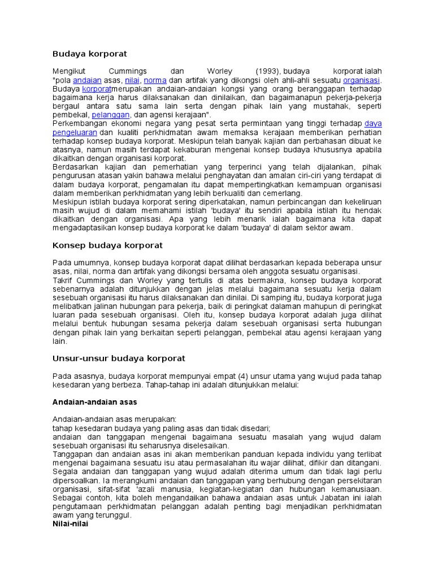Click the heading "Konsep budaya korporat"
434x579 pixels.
point(107,245)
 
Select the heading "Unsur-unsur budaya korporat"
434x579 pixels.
point(119,358)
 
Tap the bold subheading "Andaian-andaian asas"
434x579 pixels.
point(94,402)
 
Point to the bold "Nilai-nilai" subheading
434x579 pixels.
point(70,524)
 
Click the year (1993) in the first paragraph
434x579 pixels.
point(267,71)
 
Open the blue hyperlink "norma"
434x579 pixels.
point(155,80)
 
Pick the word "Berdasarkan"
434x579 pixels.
point(76,167)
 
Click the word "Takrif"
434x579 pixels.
point(63,280)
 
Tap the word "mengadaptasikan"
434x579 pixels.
point(85,228)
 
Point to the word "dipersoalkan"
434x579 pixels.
point(76,480)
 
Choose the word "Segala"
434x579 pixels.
point(64,472)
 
